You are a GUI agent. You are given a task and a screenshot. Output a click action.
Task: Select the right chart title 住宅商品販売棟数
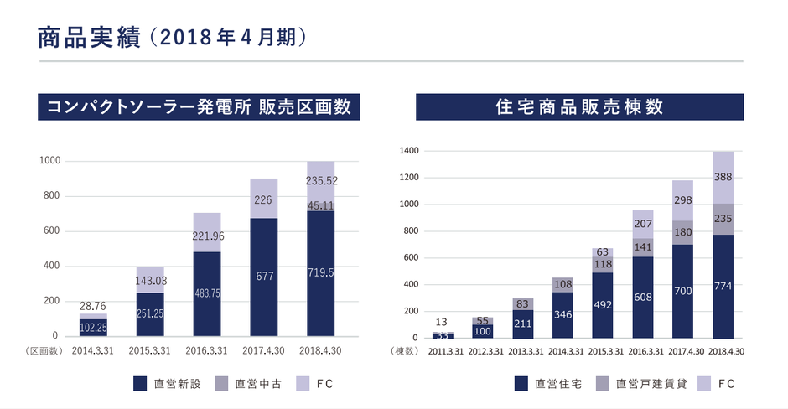click(x=580, y=107)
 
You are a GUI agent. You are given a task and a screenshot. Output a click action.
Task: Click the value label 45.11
click(x=320, y=204)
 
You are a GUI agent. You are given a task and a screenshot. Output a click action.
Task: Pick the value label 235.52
click(x=320, y=179)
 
